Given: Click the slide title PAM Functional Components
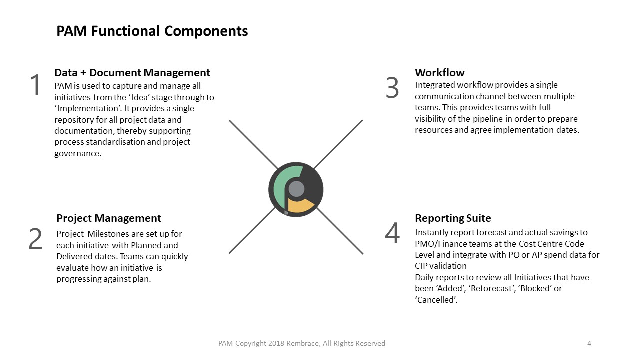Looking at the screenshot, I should (x=152, y=31).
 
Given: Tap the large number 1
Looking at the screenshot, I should (x=35, y=85).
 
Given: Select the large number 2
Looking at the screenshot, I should (x=35, y=239).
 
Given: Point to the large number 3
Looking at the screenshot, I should (x=392, y=88).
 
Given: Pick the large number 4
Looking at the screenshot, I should (x=392, y=233).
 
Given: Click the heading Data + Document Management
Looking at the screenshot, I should (x=132, y=73).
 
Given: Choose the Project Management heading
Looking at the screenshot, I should (x=109, y=218).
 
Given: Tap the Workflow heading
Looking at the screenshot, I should (x=439, y=73).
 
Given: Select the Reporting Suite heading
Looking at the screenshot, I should (x=453, y=218).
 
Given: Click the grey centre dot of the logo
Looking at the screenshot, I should (x=296, y=189).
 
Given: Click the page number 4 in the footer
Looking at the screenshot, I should (x=589, y=343).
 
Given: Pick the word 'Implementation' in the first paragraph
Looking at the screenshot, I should (x=87, y=108).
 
